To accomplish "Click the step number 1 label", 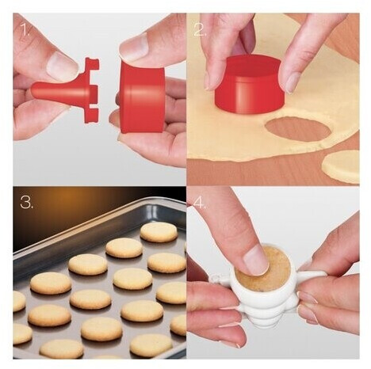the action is [25, 31].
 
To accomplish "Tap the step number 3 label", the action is [27, 202].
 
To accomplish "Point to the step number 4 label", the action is [201, 204].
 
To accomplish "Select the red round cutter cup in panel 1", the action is [142, 97].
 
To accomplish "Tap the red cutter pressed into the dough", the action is [248, 86].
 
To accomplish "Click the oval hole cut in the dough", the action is [298, 129].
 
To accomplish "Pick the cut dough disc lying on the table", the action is [341, 166].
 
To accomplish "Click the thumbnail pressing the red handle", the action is [62, 66].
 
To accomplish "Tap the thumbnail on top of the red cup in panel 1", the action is [134, 48].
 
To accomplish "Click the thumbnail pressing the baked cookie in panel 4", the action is [256, 261].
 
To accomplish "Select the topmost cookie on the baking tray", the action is [159, 232].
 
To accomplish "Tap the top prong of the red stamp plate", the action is [92, 64].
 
